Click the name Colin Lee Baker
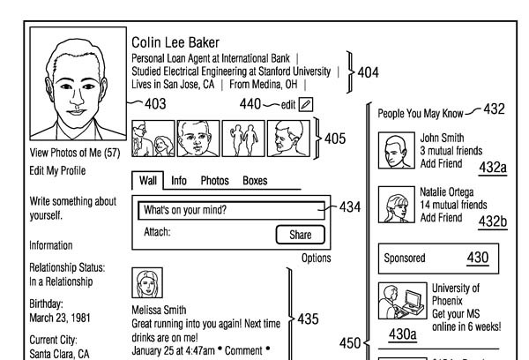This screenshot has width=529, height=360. [175, 42]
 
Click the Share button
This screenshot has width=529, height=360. [300, 235]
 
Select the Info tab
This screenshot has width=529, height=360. [179, 181]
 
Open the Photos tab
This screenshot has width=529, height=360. [214, 181]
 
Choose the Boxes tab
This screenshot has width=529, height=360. [255, 181]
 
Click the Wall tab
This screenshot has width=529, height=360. [148, 181]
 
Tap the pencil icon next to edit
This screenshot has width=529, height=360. [306, 104]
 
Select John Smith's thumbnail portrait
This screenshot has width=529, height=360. [395, 151]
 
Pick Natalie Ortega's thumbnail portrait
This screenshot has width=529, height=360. [395, 205]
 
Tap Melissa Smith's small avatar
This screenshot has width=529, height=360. [147, 283]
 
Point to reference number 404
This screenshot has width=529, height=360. [369, 72]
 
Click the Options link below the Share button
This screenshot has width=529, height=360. [316, 259]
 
